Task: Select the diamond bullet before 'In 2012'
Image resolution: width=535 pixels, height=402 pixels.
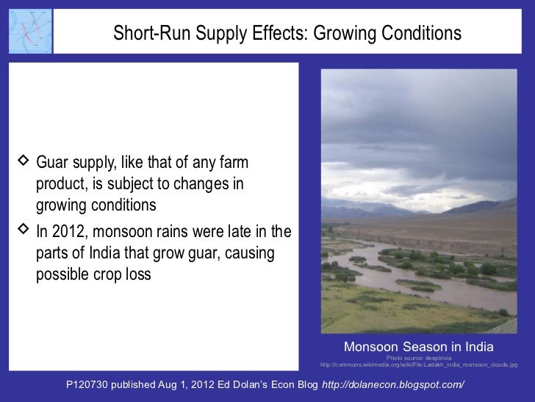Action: (22, 232)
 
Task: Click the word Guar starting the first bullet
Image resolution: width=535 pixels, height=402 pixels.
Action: (53, 161)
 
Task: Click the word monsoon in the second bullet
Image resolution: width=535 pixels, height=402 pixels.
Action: (121, 233)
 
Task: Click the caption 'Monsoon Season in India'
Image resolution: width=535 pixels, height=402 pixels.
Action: (418, 347)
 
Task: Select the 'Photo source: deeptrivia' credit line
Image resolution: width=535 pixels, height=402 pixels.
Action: (419, 359)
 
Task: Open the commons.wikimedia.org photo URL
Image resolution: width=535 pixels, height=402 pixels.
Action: (419, 365)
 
